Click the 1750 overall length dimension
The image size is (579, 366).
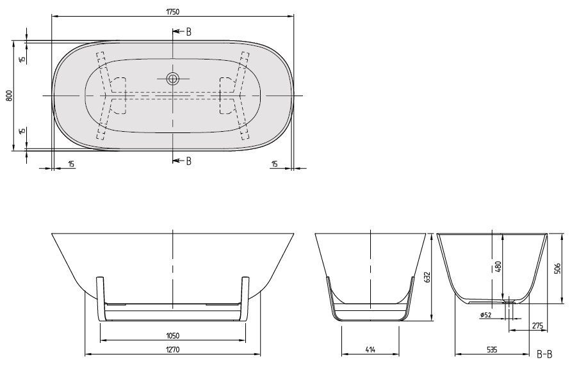coord(172,12)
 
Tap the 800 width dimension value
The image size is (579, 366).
coord(9,96)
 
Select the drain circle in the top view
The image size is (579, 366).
coord(172,79)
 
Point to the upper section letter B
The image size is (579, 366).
coord(189,32)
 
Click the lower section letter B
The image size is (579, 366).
coord(189,161)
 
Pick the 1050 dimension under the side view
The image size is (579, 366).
coord(172,336)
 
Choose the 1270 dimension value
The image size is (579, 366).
coord(172,349)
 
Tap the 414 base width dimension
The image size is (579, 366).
coord(370,349)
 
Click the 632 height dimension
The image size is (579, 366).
coord(428,278)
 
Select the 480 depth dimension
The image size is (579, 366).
coord(498,266)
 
